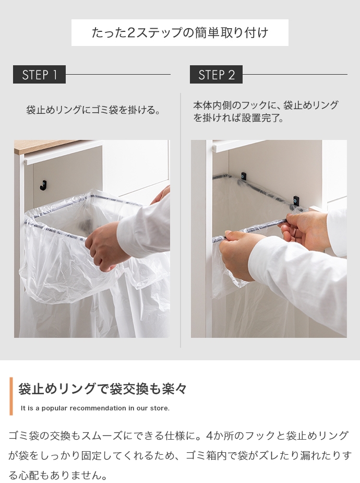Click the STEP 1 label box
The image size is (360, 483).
(x=39, y=74)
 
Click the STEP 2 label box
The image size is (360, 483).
(x=216, y=74)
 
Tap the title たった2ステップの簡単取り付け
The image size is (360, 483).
(x=180, y=33)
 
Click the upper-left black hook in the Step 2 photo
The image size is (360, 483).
(x=244, y=176)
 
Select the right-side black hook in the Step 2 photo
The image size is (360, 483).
(x=296, y=200)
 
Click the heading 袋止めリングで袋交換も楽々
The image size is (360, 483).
(x=102, y=388)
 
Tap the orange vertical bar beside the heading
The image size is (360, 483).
(x=11, y=396)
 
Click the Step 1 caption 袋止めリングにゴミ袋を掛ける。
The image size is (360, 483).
(x=93, y=110)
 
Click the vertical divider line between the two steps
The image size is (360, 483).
(x=181, y=220)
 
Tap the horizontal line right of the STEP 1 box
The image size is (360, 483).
(x=118, y=74)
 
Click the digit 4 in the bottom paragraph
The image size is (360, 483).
(x=209, y=435)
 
